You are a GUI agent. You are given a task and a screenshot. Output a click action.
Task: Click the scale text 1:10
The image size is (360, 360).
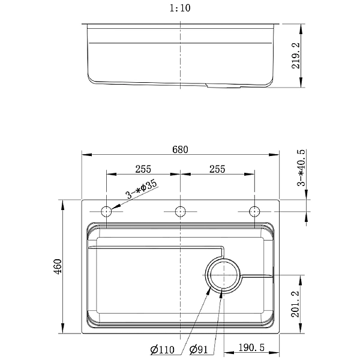point(180,8)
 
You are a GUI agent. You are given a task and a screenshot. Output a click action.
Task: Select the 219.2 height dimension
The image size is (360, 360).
point(296,56)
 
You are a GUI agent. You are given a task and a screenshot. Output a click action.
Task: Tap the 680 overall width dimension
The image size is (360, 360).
point(180,149)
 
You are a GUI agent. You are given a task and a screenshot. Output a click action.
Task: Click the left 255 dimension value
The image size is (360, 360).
point(143,169)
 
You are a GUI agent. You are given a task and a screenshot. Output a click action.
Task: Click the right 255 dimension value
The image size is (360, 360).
point(217,169)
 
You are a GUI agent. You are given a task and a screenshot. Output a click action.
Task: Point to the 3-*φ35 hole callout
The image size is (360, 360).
point(142,190)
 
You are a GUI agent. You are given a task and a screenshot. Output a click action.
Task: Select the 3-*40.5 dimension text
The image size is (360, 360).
point(301,167)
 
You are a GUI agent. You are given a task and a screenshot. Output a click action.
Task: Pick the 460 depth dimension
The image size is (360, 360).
point(58,266)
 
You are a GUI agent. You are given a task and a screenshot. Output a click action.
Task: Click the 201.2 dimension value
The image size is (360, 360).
point(295,304)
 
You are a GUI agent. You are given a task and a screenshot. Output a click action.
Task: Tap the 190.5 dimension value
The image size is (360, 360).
point(251,347)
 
